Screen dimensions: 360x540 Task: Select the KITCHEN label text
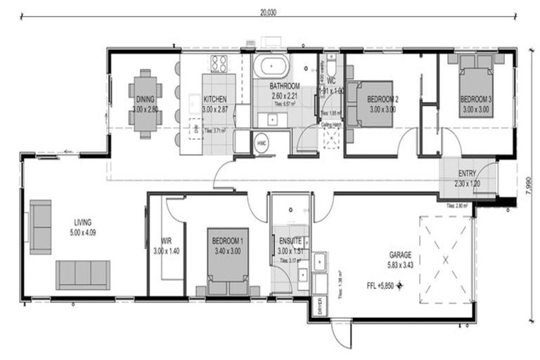click(214, 100)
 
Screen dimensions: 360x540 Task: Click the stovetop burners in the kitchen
click(219, 64)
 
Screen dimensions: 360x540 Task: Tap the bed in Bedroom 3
click(476, 84)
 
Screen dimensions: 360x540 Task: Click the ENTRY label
click(467, 174)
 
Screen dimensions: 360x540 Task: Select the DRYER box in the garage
click(320, 307)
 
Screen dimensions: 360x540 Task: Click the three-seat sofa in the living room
click(83, 274)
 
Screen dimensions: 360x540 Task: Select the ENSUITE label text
click(290, 240)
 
